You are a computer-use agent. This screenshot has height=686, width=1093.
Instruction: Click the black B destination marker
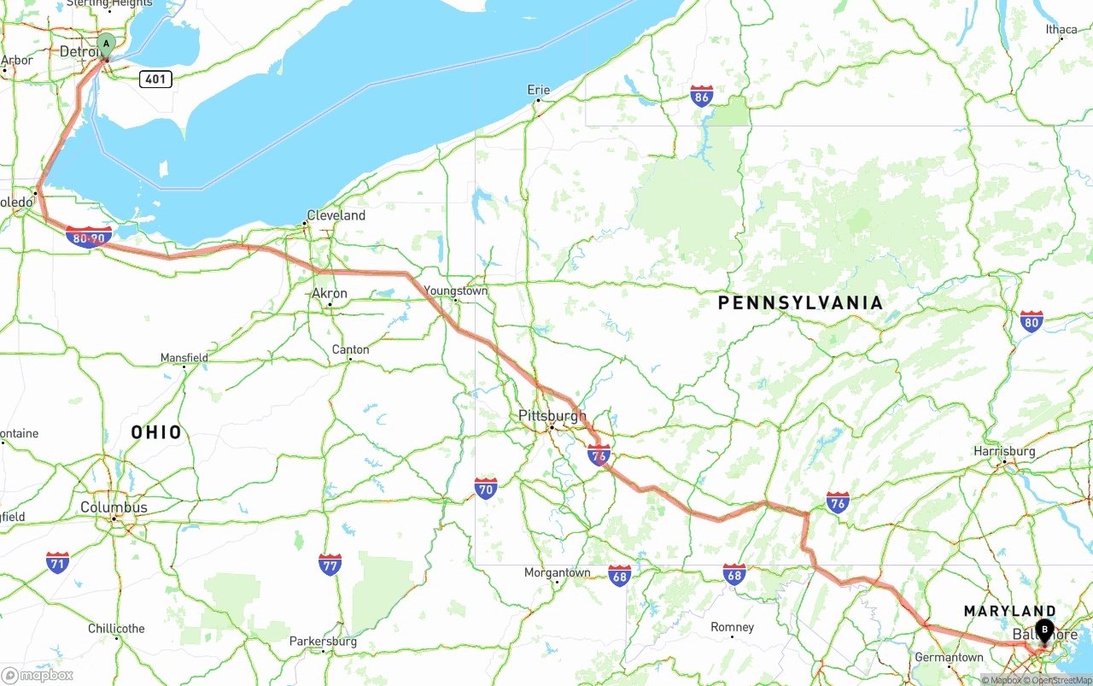coord(1044,630)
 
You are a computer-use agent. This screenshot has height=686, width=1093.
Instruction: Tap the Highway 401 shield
coord(155,79)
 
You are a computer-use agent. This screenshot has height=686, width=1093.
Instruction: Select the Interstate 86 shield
coord(702,96)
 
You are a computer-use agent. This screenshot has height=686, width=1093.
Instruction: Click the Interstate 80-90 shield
coord(89,237)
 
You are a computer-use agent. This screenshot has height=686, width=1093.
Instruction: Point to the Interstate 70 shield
coord(486,489)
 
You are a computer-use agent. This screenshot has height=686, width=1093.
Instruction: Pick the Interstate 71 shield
coord(57,562)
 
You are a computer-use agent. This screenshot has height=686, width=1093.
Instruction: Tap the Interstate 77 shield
coord(330,564)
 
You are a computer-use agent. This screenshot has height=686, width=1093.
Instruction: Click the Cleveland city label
coord(336,215)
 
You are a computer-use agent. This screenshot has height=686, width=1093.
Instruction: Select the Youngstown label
coord(456,291)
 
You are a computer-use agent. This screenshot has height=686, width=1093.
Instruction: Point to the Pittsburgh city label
coord(552,416)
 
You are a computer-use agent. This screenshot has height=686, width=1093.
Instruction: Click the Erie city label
coord(539,90)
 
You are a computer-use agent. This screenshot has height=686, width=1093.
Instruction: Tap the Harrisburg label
coord(1004,451)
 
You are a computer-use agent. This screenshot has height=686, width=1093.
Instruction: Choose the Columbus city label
coord(114,507)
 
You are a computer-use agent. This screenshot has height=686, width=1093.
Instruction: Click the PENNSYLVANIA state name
coord(800,302)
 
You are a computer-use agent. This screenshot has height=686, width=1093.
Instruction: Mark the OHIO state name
coord(156,432)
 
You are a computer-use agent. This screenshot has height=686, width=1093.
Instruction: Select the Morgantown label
coord(557,572)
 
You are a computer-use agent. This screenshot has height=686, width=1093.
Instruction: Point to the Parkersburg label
coord(323,641)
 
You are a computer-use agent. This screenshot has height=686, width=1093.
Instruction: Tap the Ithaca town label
coord(1061,30)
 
